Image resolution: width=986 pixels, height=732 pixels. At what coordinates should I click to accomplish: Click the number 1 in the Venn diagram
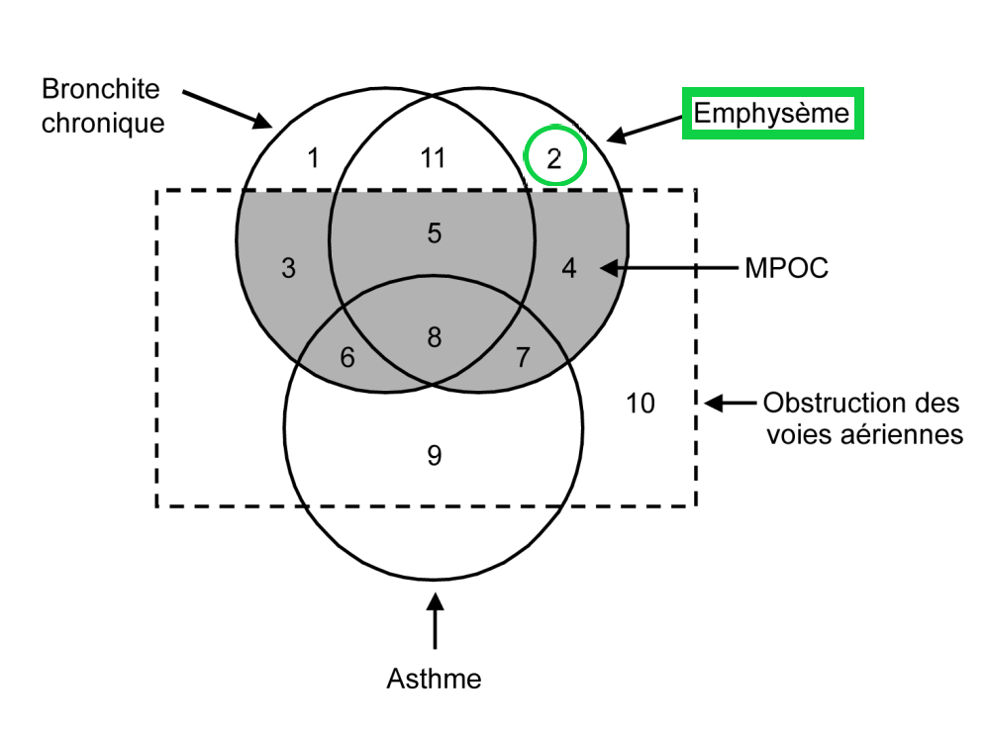[313, 158]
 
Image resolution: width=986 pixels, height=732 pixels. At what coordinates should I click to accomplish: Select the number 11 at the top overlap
[433, 158]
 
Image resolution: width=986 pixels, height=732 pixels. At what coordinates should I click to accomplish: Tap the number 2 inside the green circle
[554, 159]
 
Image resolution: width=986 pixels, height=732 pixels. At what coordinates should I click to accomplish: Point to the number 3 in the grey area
[288, 268]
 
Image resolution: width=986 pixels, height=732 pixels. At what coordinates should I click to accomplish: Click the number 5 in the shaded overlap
[434, 233]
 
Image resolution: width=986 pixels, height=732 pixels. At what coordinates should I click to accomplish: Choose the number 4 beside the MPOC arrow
[569, 268]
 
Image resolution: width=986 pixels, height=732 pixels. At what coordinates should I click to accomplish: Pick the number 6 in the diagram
[346, 358]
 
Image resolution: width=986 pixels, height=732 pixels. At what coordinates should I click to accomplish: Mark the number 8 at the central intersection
[434, 337]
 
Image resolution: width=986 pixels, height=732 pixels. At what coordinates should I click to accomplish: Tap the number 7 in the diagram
[523, 358]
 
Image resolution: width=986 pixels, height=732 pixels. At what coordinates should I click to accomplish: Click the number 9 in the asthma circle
[434, 455]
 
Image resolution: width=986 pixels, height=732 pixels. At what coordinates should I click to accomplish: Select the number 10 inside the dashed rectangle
[641, 404]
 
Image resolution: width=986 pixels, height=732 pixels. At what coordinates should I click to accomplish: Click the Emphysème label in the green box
[772, 113]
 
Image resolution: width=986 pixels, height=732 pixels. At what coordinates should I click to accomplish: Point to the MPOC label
[786, 268]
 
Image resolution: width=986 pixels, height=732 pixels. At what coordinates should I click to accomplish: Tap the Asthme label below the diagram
[434, 680]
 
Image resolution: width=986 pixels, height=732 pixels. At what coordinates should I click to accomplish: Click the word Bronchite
[100, 89]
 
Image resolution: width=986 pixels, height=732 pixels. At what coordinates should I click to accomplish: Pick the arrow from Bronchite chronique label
[228, 109]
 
